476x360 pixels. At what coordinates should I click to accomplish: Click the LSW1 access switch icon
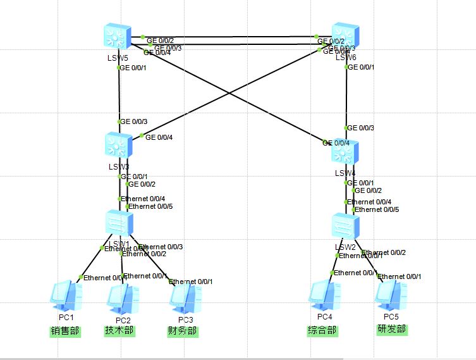pos(119,224)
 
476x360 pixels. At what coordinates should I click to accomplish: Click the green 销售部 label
pos(66,330)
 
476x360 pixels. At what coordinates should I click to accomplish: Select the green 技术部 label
pos(119,330)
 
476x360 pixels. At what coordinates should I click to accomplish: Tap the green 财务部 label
pos(182,330)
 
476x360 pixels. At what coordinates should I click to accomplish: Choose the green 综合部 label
pos(322,330)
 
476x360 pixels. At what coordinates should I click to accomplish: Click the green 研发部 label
pos(392,330)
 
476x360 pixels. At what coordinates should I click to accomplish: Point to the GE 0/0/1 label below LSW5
pos(134,67)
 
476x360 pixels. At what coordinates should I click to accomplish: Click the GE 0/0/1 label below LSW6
pos(362,67)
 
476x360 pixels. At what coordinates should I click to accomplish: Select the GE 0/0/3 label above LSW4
pos(361,128)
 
